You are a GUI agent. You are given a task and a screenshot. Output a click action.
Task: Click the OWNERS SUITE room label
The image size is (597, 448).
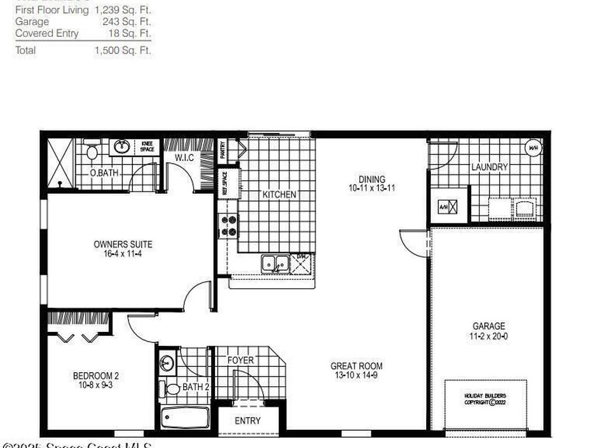[x=123, y=244]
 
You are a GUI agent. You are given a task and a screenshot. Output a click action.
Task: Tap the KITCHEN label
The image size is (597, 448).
[x=279, y=195]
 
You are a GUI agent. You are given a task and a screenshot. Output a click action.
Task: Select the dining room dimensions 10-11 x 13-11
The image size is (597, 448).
[x=372, y=188]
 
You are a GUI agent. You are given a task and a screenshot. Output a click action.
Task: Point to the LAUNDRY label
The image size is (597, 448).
[x=490, y=167]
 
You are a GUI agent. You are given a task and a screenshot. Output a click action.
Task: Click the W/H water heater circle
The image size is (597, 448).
[x=533, y=148]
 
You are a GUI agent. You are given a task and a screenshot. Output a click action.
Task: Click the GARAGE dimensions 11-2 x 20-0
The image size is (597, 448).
[x=489, y=337]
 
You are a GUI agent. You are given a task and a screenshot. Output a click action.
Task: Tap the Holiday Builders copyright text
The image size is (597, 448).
[x=485, y=399]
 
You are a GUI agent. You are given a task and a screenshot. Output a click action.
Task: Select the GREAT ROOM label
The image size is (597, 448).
[x=357, y=366]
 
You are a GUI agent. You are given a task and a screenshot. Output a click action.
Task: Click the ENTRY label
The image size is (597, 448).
[x=248, y=421]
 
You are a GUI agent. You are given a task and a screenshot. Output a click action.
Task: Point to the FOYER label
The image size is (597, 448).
[x=241, y=360]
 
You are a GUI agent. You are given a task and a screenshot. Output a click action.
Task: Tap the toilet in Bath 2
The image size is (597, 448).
[x=172, y=388]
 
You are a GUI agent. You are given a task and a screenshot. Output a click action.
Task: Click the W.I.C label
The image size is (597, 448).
[x=184, y=157]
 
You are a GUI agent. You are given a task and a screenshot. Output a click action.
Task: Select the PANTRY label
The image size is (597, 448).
[x=223, y=150]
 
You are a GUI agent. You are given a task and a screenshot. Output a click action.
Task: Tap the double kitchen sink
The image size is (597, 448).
[x=275, y=264]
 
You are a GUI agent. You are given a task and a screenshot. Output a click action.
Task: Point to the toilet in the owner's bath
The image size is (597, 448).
[x=92, y=152]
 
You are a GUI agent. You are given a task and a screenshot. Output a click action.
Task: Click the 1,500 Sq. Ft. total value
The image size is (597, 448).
[x=122, y=50]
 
